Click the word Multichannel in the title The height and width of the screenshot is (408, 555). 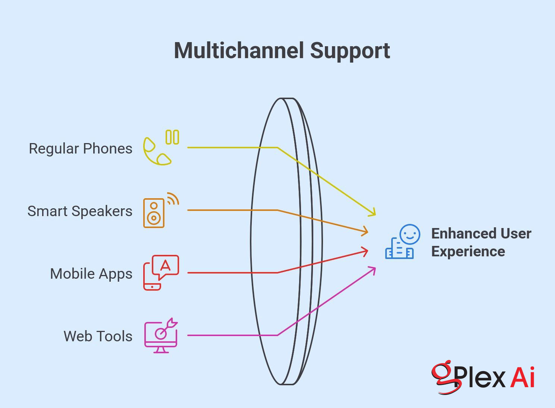coord(239,51)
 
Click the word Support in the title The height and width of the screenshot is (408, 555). coord(350,52)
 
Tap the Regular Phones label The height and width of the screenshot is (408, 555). coord(81,149)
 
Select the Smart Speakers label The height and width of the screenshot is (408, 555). coord(80,211)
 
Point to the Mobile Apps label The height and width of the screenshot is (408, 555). coord(91,274)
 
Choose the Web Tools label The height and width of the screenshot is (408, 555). coord(98,336)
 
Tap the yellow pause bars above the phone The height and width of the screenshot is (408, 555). coord(172,137)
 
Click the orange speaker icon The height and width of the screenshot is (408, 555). coord(154,213)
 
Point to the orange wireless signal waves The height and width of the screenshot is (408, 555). coord(174,198)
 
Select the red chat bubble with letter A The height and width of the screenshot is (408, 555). coord(166,267)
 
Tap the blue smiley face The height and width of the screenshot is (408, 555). coord(410,234)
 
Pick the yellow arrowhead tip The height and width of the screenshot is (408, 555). coord(375,215)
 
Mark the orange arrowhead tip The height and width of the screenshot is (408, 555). coord(368,232)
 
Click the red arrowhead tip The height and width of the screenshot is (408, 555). coord(368,251)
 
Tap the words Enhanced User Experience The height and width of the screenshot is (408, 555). coord(481,242)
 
